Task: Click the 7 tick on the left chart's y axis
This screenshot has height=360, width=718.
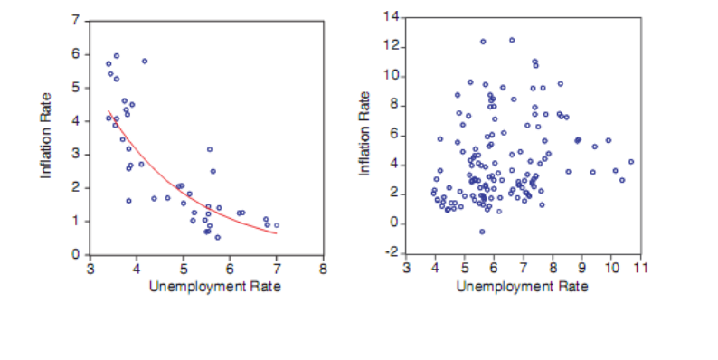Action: tap(78, 20)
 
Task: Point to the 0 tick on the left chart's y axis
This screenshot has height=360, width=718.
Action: tap(78, 254)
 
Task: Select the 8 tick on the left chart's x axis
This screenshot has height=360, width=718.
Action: tap(323, 269)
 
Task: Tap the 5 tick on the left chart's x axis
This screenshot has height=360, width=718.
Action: tap(183, 269)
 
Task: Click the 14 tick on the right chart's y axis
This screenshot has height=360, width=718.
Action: tap(391, 17)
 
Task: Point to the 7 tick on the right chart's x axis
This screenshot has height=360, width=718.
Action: tap(523, 268)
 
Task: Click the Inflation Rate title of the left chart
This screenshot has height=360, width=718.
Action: tap(45, 136)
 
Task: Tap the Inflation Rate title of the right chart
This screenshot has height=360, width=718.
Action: tap(365, 134)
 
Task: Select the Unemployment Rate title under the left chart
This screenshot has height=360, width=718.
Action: tap(206, 287)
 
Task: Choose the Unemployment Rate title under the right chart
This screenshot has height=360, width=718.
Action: tap(523, 287)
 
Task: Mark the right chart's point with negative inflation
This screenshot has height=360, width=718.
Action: tap(483, 232)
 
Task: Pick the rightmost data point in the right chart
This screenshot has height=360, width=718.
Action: tap(631, 162)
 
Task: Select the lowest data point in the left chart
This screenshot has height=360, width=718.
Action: tap(217, 238)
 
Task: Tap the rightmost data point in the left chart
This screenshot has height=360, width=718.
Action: tap(276, 225)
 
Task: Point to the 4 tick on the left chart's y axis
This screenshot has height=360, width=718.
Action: tap(78, 120)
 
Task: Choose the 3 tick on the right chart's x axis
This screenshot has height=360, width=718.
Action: tap(406, 268)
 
